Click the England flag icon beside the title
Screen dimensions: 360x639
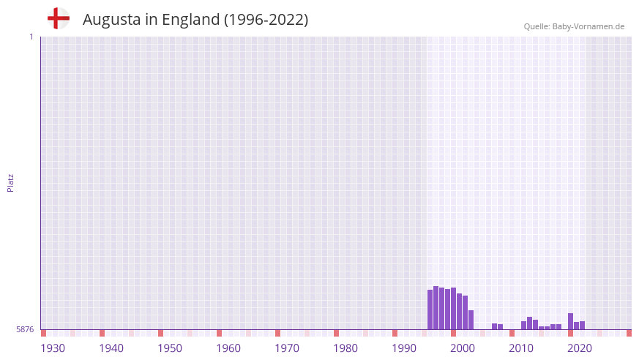coord(58,18)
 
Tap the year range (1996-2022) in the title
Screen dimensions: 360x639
coord(266,20)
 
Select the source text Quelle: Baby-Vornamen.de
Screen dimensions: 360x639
coord(574,26)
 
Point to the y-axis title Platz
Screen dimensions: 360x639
coord(10,182)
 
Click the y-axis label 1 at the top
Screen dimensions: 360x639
coord(31,37)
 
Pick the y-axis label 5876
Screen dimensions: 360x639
coord(25,330)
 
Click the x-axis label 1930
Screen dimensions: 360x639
coord(53,348)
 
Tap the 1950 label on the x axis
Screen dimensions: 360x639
coord(170,348)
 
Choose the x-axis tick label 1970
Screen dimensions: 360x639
coord(287,348)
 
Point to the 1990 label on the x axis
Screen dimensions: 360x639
coord(404,348)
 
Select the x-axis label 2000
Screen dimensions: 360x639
coord(463,348)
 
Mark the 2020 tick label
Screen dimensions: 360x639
coord(580,348)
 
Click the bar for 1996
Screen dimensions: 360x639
coord(430,310)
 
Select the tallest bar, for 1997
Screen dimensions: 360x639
coord(436,308)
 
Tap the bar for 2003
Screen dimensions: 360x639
coord(471,320)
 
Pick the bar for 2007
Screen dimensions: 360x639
coord(495,326)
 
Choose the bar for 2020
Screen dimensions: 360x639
coord(571,321)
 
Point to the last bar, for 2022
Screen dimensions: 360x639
coord(583,326)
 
